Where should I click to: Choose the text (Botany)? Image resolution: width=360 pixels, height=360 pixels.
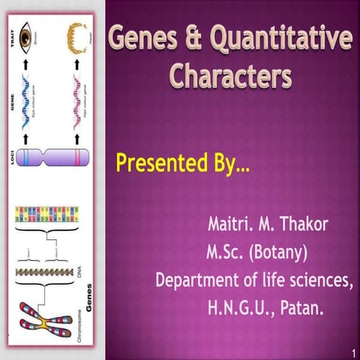(280, 250)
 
